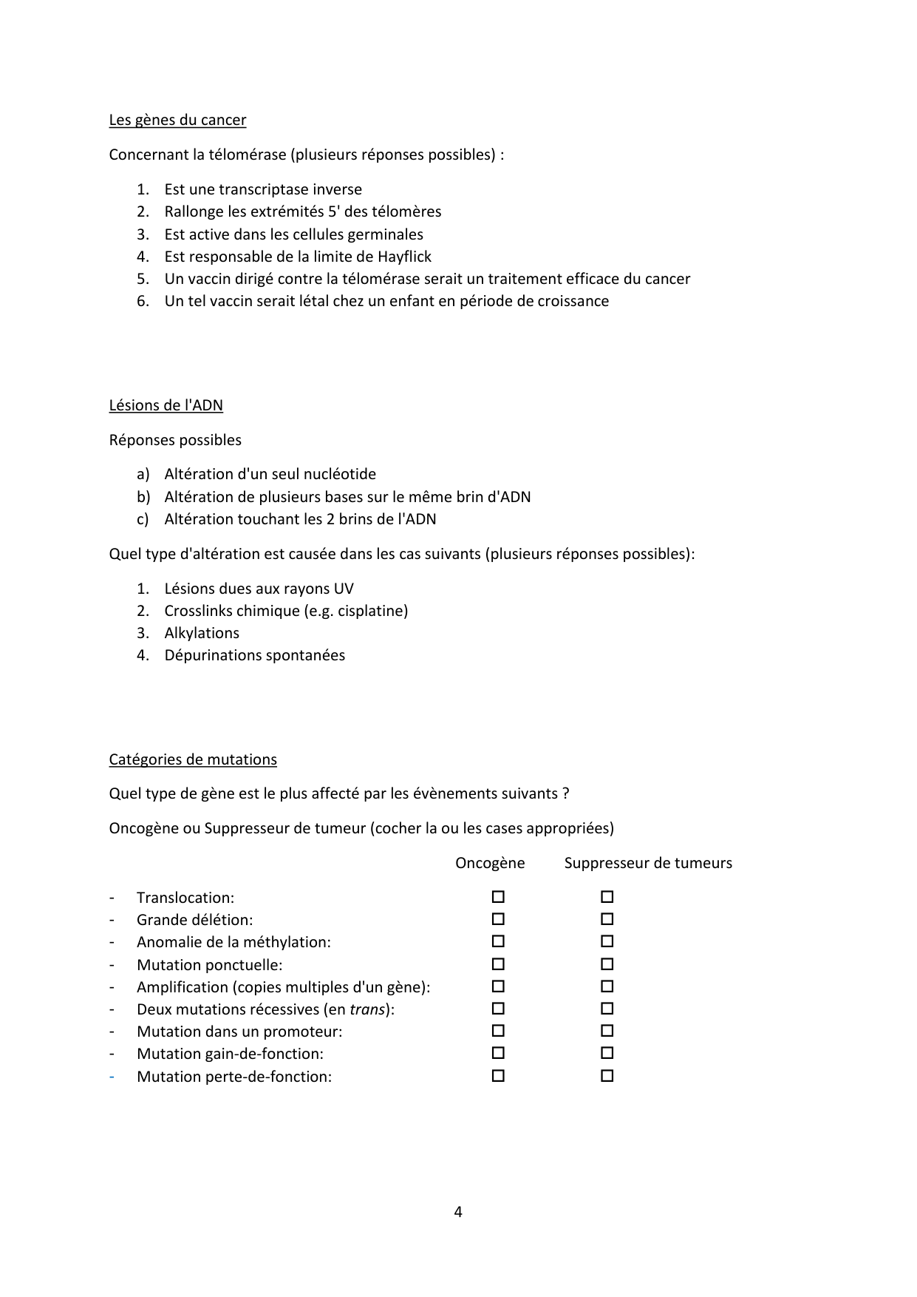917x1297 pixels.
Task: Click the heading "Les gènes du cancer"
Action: click(x=177, y=120)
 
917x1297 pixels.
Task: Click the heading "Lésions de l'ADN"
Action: click(x=166, y=405)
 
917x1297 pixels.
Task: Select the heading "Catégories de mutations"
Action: click(x=193, y=759)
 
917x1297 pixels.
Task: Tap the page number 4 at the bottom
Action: click(x=458, y=1212)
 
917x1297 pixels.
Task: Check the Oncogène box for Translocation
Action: click(x=498, y=897)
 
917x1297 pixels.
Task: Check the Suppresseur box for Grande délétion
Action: click(x=607, y=919)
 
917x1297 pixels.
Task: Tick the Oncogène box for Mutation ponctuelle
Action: click(x=498, y=964)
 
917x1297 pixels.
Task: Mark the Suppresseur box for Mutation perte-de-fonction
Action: click(x=607, y=1076)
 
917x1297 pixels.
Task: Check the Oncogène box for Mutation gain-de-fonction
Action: click(x=498, y=1053)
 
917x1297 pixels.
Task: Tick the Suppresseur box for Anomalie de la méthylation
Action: click(x=607, y=941)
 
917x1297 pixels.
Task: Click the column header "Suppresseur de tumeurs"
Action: click(x=648, y=863)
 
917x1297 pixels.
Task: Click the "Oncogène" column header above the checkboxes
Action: click(x=490, y=863)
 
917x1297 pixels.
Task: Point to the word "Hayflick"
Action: click(x=404, y=257)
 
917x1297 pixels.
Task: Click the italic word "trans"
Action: click(x=367, y=1009)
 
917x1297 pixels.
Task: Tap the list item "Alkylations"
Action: click(x=202, y=633)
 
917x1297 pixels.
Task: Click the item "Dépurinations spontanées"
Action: click(x=254, y=655)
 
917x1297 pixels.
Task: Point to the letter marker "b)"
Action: click(x=143, y=497)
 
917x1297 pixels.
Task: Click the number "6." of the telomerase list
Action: click(x=143, y=301)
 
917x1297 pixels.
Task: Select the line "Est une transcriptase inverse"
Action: click(x=263, y=189)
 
